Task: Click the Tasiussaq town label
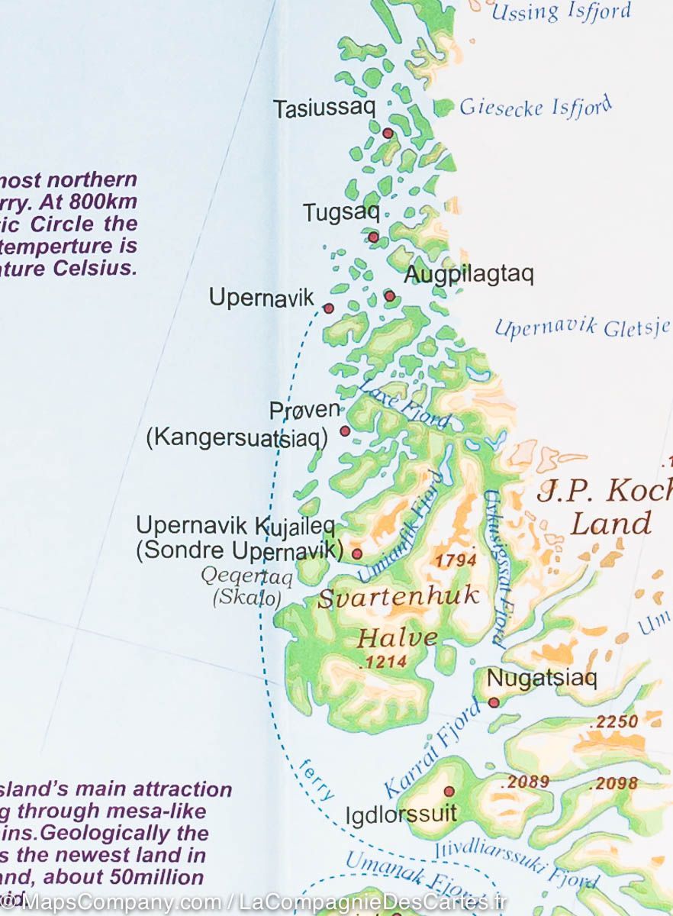(324, 108)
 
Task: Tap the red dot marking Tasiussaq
(388, 134)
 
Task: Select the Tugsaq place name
(341, 212)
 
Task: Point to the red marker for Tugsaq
(373, 237)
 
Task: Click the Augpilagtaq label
(469, 274)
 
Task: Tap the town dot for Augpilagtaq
(390, 295)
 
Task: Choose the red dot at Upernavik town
(329, 308)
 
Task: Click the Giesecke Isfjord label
(535, 105)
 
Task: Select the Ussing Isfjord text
(561, 11)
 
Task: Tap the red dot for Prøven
(345, 431)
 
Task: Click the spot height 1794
(456, 560)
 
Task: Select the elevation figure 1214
(383, 662)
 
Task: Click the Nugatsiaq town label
(542, 678)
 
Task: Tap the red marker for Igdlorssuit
(449, 792)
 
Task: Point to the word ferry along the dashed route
(317, 779)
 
